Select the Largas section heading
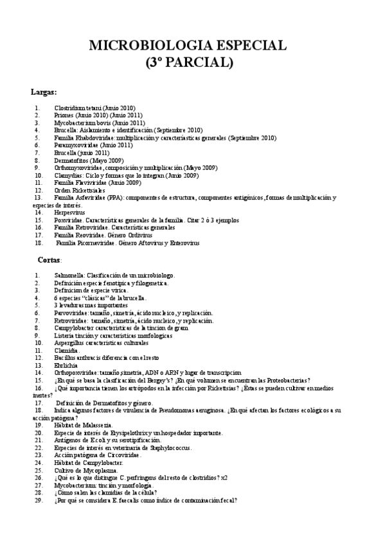(44, 91)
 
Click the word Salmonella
(68, 275)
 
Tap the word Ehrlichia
(66, 365)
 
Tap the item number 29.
(39, 500)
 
